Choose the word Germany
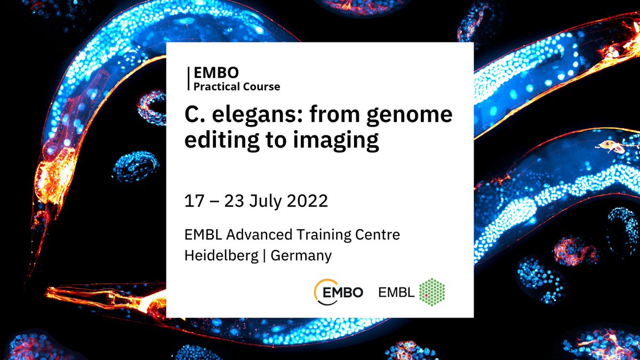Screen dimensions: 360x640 [x=301, y=255]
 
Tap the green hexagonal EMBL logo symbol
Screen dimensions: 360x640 [x=433, y=291]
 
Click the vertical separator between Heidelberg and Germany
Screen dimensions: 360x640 [x=265, y=255]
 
